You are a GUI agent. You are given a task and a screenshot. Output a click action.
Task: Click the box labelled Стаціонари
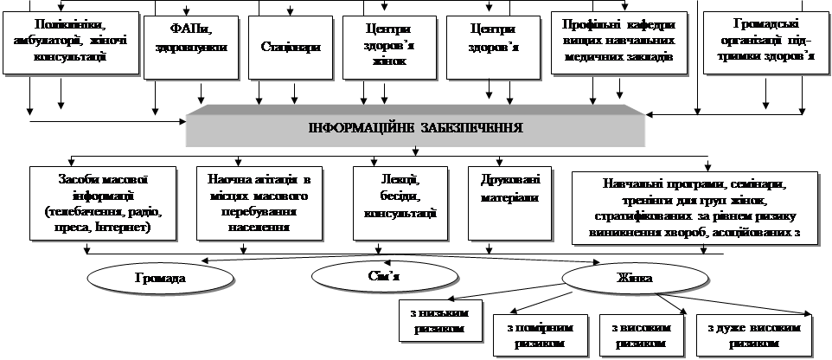(x=290, y=46)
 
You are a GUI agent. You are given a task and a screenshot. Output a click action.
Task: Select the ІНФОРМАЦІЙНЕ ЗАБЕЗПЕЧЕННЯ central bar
(x=416, y=128)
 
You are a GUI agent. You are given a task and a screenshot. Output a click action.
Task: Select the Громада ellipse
(x=160, y=280)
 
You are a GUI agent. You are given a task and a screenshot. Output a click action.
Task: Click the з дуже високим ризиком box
(x=754, y=335)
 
